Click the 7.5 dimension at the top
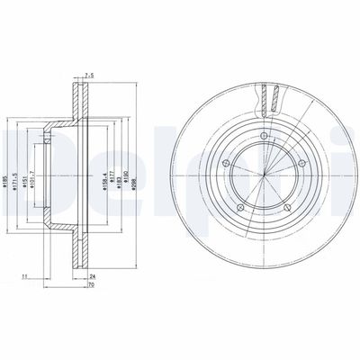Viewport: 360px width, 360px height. pyautogui.click(x=87, y=75)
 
